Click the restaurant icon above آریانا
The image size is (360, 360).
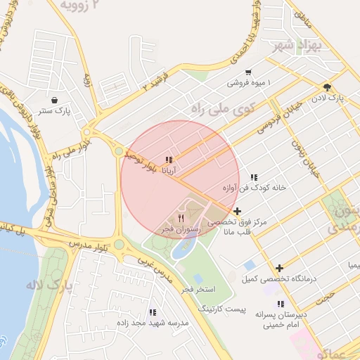169,160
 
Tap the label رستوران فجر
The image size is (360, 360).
181,229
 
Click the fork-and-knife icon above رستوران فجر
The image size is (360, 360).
181,217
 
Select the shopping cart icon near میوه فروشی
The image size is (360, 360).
248,72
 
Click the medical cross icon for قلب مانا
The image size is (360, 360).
238,211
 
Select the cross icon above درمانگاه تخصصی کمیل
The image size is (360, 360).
280,268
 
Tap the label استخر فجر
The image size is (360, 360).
198,289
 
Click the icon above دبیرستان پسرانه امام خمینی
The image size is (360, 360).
281,304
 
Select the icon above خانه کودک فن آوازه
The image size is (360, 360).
254,178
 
